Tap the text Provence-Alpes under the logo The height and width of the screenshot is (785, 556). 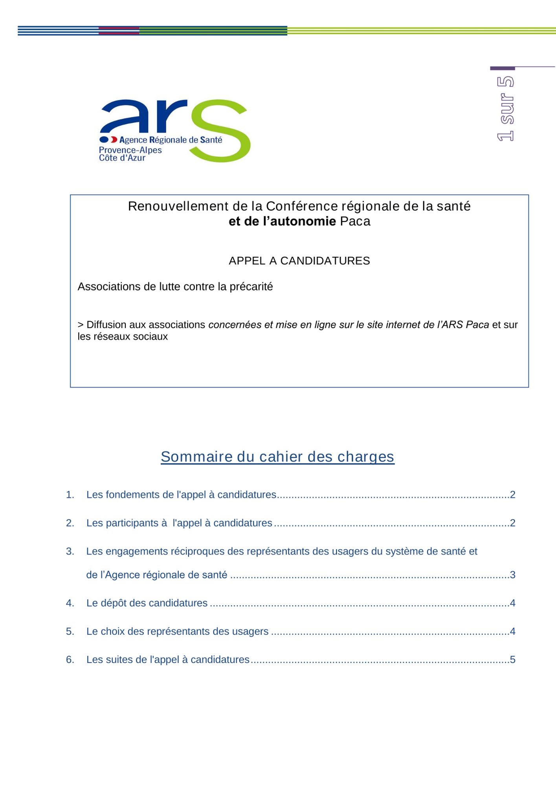tap(130, 150)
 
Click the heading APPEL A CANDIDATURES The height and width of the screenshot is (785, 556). tap(299, 261)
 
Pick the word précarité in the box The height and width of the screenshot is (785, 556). tap(251, 287)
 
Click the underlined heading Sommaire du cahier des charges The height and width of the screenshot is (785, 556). tap(277, 456)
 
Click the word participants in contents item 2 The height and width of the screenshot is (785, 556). tap(132, 523)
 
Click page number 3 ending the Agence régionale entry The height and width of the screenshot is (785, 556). tap(512, 575)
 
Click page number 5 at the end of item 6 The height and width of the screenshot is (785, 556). tap(512, 659)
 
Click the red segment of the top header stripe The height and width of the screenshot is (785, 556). tap(119, 31)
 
